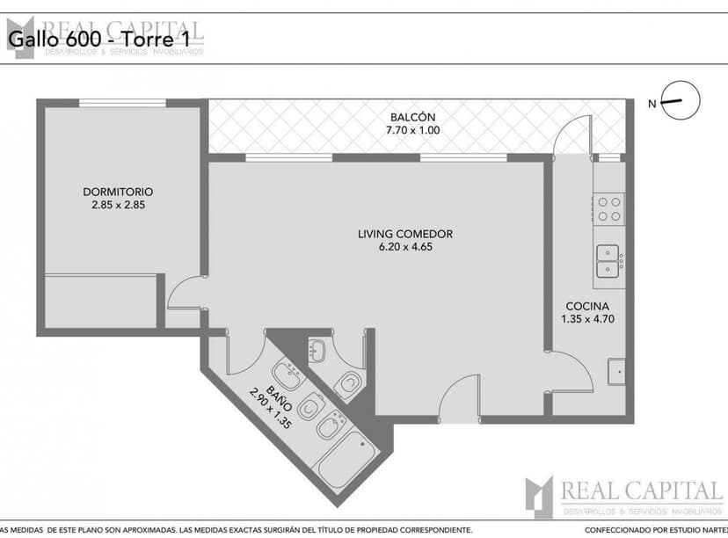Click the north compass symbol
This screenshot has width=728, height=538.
coord(679,102)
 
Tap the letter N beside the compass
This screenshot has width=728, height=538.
coord(652,104)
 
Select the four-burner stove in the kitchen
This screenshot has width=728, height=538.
coord(609,208)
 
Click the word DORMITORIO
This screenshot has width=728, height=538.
coord(118,192)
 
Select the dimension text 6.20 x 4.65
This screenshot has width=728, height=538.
coord(404,247)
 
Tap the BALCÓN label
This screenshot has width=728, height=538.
coord(411,118)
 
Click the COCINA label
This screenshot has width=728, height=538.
coord(587,306)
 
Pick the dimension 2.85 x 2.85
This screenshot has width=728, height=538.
coord(118,205)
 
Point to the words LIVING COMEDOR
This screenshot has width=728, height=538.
coord(404,234)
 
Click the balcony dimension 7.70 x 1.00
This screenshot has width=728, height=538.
coord(411,131)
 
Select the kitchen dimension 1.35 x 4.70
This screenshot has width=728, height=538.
coord(587,319)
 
